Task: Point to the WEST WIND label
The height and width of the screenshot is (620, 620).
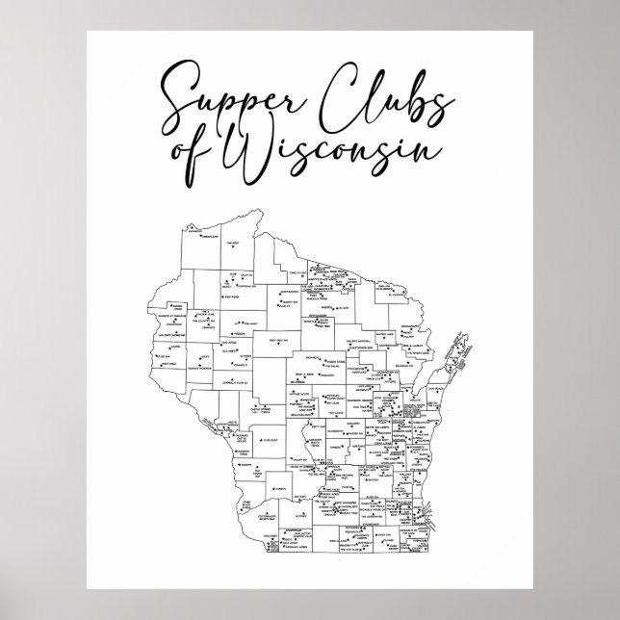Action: point(168,365)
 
